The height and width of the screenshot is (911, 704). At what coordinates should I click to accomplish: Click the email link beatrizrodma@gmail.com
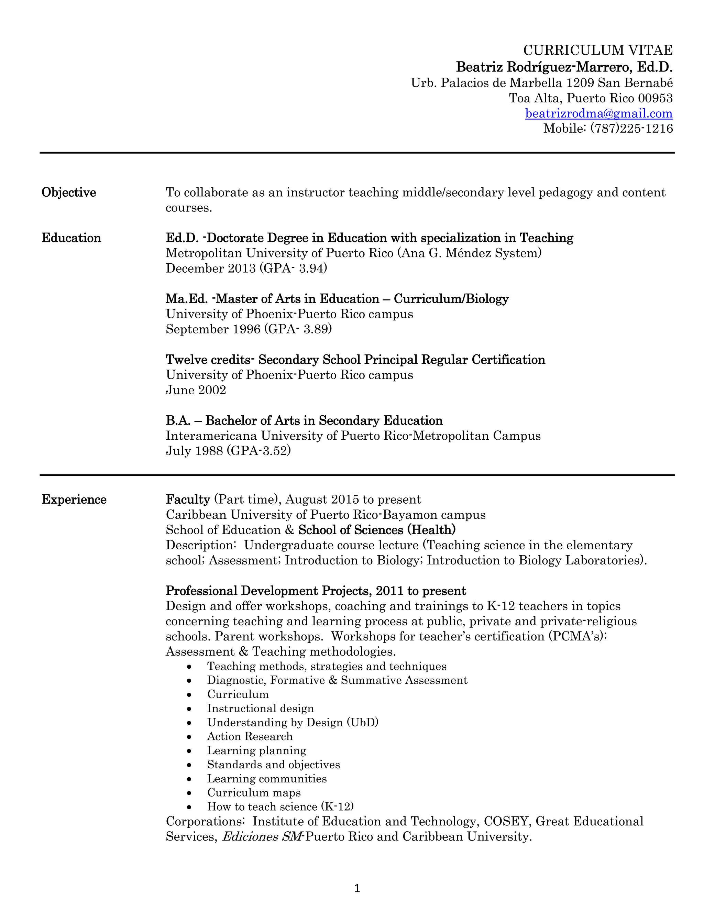598,113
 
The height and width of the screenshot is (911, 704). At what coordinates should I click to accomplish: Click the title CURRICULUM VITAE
598,51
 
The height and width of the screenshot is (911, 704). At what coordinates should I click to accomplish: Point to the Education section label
71,238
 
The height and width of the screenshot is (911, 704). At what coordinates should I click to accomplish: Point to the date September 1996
213,329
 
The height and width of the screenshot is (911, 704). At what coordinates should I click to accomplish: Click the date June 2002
196,390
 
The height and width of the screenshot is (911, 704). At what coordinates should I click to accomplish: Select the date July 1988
194,451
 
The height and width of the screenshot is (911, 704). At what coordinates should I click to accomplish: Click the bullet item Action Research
250,736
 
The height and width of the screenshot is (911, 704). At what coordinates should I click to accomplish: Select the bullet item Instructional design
260,708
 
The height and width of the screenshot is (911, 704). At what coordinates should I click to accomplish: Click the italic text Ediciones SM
262,836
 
